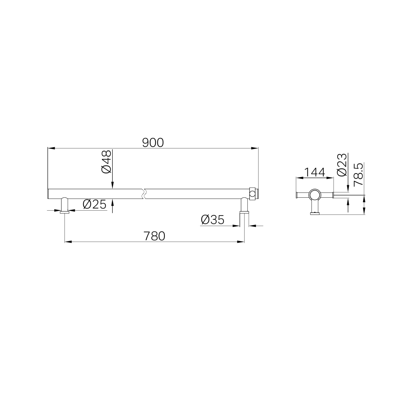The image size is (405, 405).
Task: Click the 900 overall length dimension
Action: click(x=153, y=143)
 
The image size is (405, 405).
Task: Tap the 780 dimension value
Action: click(x=154, y=236)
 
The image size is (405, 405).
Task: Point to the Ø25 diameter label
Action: click(x=94, y=204)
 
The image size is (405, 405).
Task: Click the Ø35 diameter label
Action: click(x=212, y=220)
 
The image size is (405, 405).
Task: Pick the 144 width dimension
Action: click(x=314, y=172)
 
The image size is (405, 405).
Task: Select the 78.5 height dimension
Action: click(x=358, y=175)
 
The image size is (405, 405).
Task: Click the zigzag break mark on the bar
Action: click(x=144, y=194)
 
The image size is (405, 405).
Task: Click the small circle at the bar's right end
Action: click(x=252, y=194)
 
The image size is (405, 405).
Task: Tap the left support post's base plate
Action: click(x=65, y=213)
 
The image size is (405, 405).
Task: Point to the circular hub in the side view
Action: click(x=315, y=195)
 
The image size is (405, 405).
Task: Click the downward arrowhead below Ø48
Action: click(x=112, y=187)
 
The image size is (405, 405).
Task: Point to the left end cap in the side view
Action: click(x=297, y=195)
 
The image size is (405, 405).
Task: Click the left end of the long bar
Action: click(x=49, y=194)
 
